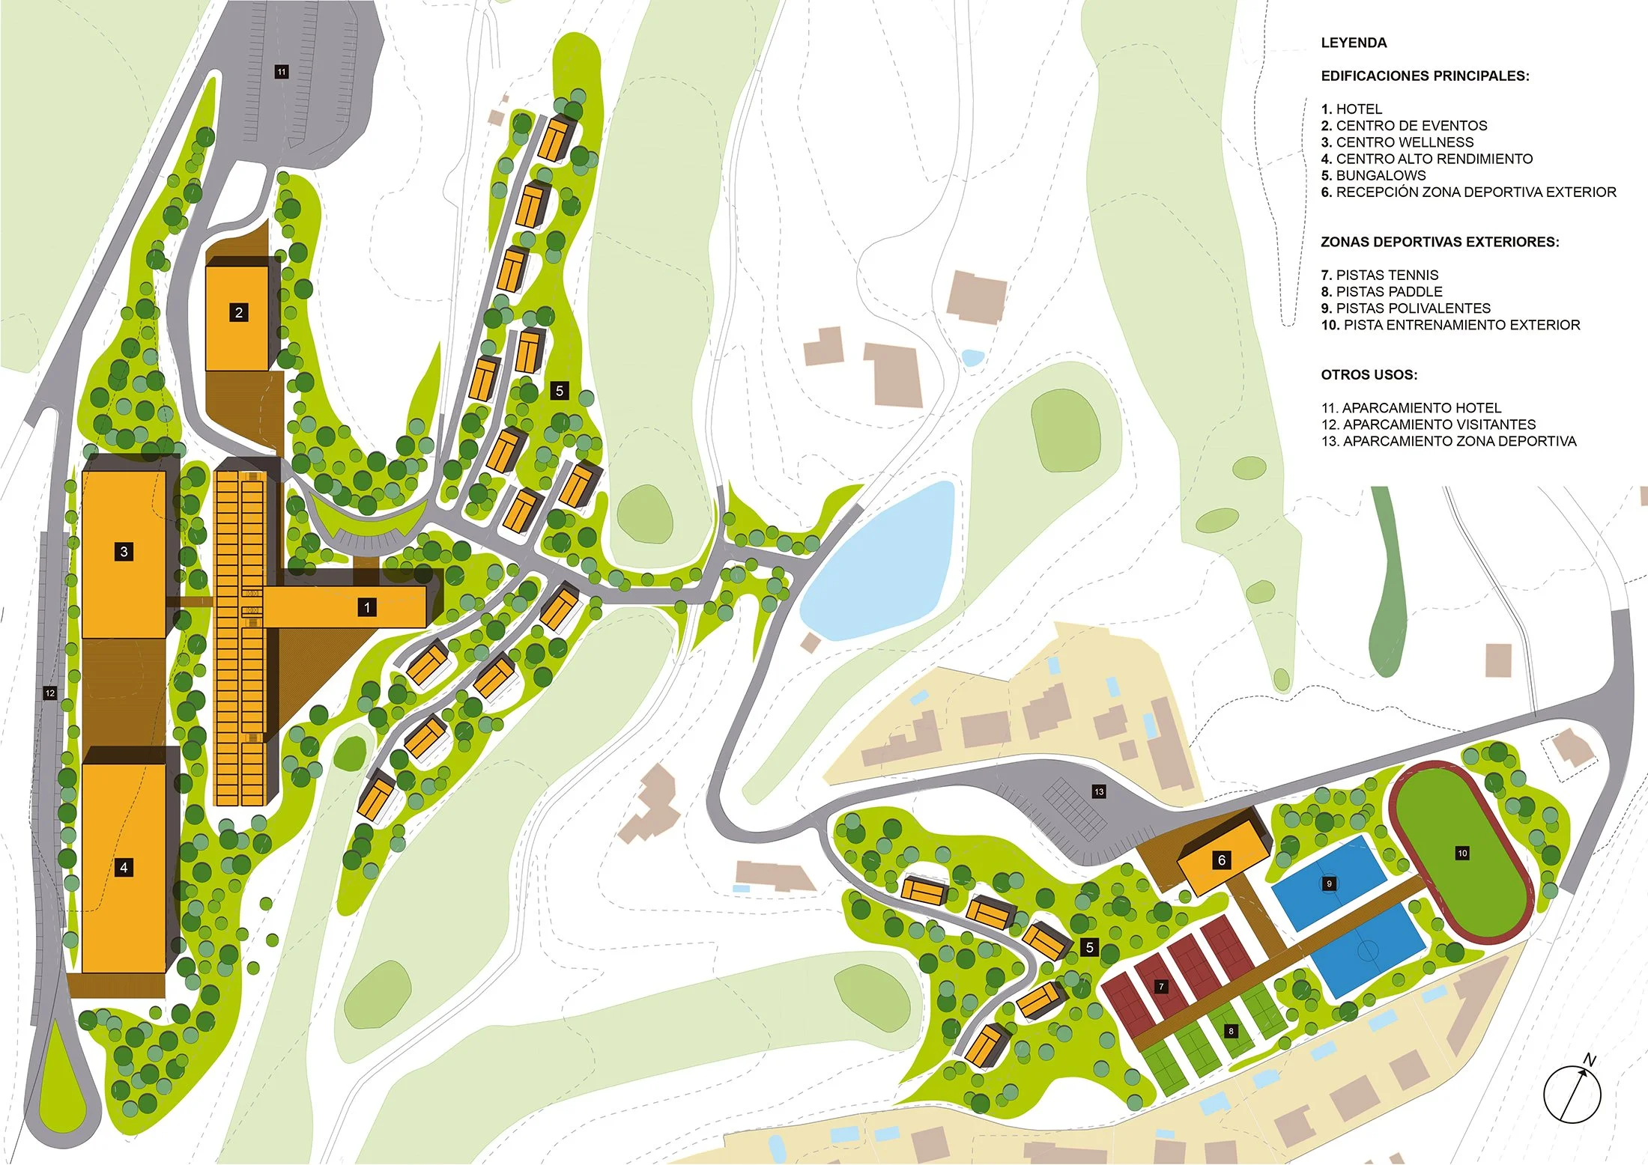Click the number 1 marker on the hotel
coord(367,607)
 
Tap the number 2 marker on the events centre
coord(239,312)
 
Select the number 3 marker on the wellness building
coord(124,552)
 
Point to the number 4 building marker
coord(124,868)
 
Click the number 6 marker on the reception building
coord(1222,860)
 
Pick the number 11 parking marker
coord(281,72)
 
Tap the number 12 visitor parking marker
coord(50,693)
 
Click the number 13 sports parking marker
coord(1099,791)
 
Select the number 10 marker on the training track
coord(1462,853)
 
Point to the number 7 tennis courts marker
coord(1161,987)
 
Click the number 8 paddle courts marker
coord(1231,1031)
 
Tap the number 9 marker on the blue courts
coord(1329,883)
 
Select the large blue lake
coord(880,562)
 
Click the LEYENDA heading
coord(1354,43)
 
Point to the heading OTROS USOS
coord(1369,374)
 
